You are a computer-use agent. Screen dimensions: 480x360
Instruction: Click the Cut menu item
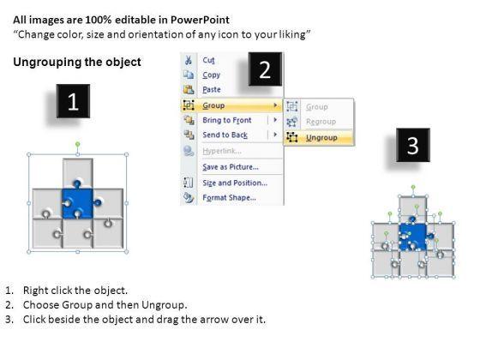(x=208, y=60)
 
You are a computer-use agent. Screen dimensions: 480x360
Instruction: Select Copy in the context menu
(x=211, y=75)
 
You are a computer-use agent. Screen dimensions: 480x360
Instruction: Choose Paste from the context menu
(x=212, y=90)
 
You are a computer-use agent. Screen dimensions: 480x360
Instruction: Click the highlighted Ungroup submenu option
(x=321, y=138)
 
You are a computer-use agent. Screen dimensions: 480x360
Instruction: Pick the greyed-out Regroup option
(x=321, y=122)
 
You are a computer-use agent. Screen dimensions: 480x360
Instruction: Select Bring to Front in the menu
(x=227, y=120)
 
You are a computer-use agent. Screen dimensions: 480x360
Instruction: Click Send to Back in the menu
(x=225, y=135)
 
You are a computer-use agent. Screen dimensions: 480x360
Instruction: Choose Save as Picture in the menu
(x=231, y=167)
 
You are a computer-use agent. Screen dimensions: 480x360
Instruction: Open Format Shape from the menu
(x=230, y=198)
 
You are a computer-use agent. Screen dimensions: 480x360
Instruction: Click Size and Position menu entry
(x=235, y=183)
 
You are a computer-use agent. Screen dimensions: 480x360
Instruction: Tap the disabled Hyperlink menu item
(x=222, y=151)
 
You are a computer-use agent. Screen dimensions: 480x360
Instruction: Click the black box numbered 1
(x=73, y=101)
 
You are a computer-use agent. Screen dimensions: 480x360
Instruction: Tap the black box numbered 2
(x=265, y=69)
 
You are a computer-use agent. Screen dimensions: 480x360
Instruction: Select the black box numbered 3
(x=413, y=145)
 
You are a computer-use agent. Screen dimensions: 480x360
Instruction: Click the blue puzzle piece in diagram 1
(x=78, y=202)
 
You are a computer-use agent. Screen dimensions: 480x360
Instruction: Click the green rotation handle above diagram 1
(x=78, y=144)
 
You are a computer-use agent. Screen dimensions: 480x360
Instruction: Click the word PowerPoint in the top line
(x=200, y=20)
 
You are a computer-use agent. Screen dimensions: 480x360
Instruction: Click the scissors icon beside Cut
(x=189, y=60)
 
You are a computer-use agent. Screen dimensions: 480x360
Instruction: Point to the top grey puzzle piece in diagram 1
(x=78, y=171)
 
